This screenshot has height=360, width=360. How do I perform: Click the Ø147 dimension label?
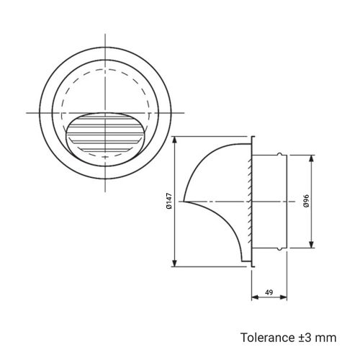(x=169, y=201)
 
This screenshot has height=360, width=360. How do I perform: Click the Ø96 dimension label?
(x=306, y=201)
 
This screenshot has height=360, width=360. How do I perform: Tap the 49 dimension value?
(x=269, y=292)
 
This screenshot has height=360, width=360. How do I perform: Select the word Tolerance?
(x=267, y=338)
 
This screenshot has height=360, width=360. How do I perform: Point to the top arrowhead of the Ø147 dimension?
(x=175, y=140)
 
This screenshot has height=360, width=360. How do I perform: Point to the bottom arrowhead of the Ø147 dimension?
(x=175, y=263)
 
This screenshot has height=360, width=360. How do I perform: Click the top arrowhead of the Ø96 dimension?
(x=312, y=159)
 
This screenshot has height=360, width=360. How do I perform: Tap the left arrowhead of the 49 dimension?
(x=255, y=297)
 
